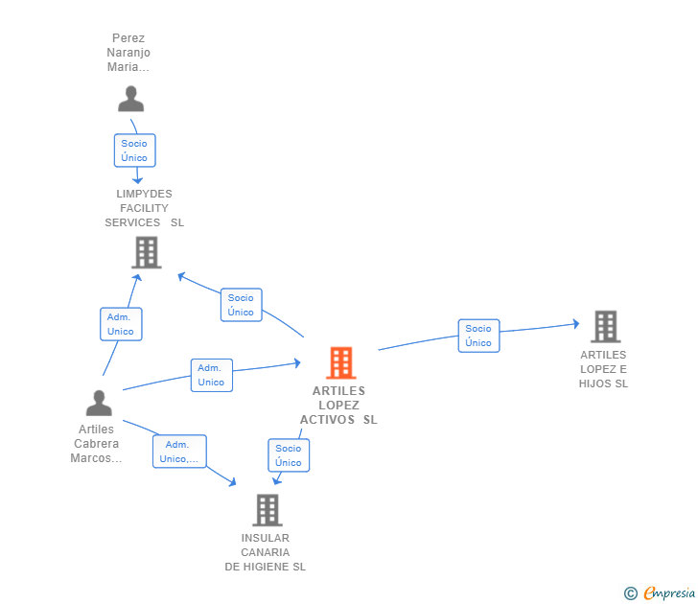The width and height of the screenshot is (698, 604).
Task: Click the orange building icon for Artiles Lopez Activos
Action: click(341, 362)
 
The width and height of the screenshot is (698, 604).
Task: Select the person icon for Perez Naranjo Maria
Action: click(130, 99)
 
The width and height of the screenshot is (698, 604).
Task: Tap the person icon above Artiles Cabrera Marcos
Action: click(99, 404)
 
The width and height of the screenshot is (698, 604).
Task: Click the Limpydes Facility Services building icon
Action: click(147, 252)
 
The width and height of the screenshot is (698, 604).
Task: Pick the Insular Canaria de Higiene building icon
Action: click(268, 510)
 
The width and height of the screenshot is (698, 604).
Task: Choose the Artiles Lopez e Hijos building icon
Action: click(605, 327)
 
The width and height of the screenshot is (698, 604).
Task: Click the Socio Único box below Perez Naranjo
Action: click(135, 151)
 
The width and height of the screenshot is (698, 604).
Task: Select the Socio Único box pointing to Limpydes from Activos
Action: click(242, 305)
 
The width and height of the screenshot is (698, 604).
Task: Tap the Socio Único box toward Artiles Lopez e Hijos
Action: click(479, 336)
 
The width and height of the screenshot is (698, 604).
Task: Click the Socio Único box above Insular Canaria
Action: click(289, 455)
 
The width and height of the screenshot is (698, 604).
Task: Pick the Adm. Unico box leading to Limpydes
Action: click(121, 324)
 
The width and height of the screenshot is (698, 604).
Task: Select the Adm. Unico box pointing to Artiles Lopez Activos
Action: click(212, 375)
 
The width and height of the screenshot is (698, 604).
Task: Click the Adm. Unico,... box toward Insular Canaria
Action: click(179, 452)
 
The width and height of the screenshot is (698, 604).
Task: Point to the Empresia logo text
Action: click(669, 593)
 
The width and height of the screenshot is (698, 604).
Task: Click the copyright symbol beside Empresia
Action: click(630, 593)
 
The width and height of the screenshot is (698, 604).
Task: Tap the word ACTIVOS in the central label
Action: click(327, 420)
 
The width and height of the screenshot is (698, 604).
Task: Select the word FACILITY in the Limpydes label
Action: click(144, 208)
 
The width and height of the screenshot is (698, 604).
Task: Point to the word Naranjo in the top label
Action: click(128, 53)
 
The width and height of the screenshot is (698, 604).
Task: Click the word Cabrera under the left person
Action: click(96, 444)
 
